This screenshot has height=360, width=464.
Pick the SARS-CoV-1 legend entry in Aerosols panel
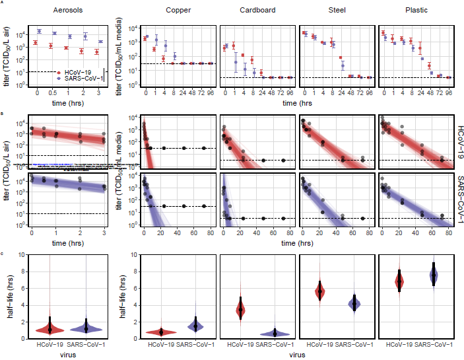(x=84, y=78)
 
